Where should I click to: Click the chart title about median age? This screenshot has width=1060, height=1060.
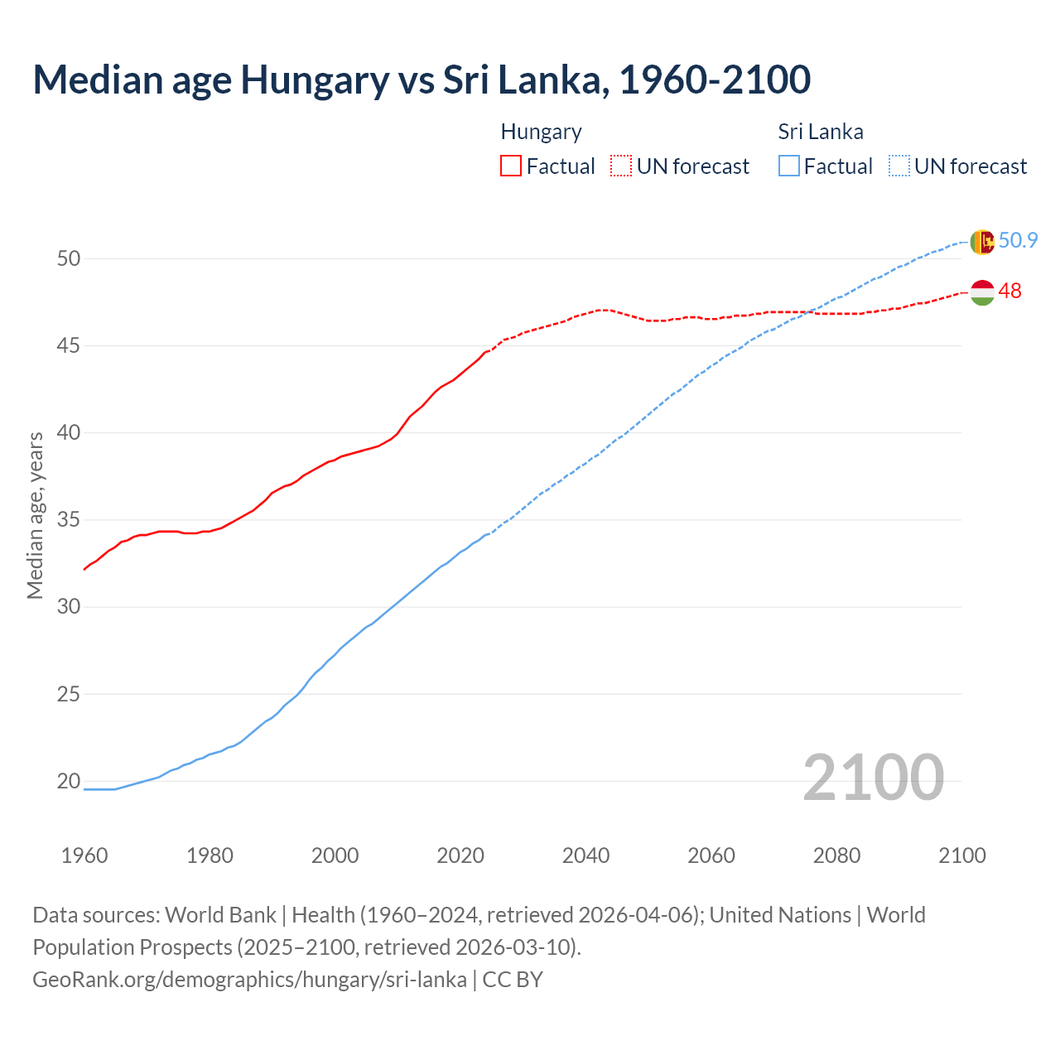coord(422,79)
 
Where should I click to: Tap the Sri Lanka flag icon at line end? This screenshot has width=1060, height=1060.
coord(981,242)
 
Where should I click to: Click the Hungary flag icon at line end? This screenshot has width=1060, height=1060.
coord(981,292)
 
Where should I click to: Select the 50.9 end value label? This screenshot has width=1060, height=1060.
coord(1018,240)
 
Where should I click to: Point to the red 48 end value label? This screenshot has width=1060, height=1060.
coord(1009,291)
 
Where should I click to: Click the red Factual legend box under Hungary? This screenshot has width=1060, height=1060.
coord(511,166)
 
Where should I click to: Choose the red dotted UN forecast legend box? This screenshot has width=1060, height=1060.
coord(621,166)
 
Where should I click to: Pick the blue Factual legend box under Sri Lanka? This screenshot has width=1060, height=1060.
coord(789,166)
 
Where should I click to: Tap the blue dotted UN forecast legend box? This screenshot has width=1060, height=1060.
coord(899,166)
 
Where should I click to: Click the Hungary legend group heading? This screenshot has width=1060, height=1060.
coord(541,132)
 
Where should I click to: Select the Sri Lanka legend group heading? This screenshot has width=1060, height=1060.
coord(820,132)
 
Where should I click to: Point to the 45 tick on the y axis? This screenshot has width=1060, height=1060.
coord(69,345)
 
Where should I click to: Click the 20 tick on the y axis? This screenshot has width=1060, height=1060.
coord(69,781)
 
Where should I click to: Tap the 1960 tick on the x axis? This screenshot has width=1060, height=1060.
coord(84,855)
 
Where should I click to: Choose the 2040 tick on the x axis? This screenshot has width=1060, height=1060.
coord(585,855)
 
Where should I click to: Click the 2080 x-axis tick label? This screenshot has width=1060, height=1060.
coord(836,855)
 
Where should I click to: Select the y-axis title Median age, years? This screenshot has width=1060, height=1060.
coord(35,515)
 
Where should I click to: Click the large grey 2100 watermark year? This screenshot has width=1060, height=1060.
coord(873,777)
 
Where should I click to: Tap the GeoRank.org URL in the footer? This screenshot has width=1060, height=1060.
coord(249,980)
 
